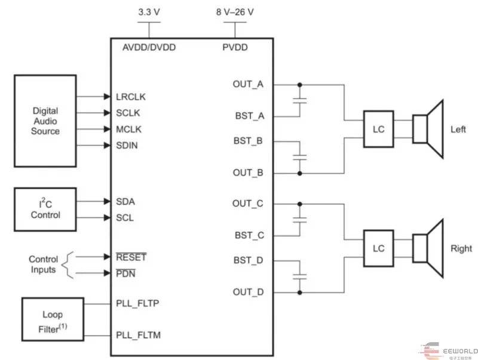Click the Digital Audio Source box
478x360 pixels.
(45, 121)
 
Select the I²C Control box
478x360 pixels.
(45, 210)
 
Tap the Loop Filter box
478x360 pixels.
(53, 319)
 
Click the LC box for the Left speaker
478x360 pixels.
(378, 129)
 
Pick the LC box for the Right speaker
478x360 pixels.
(378, 248)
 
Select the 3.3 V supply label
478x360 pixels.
(149, 12)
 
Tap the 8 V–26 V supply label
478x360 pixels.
(235, 12)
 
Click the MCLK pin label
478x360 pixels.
(129, 129)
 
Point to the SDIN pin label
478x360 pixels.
(128, 145)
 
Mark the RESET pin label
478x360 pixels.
(131, 257)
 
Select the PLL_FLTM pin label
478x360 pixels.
(139, 335)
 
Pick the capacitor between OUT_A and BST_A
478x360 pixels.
(299, 100)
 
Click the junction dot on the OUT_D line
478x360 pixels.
(299, 292)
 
